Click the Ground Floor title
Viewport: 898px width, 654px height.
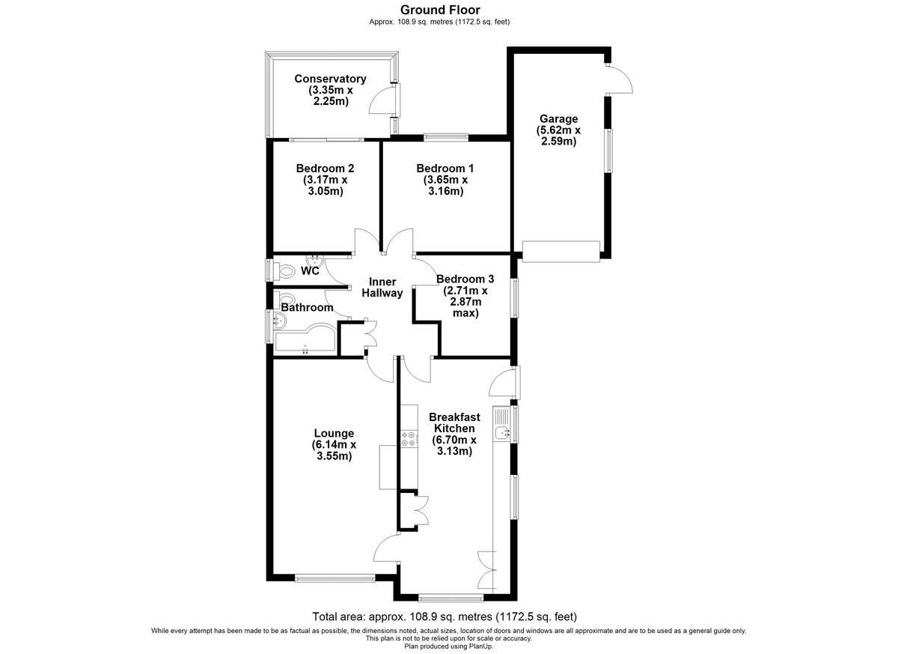tap(440, 10)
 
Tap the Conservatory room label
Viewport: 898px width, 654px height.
tap(330, 79)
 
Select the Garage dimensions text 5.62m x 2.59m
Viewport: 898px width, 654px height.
tap(558, 136)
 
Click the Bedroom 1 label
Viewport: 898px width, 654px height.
tap(445, 168)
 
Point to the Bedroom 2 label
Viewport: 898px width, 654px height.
tap(325, 168)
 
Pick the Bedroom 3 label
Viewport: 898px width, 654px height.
tap(465, 279)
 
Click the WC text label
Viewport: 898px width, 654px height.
tap(310, 271)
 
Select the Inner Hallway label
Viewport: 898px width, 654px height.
tap(382, 287)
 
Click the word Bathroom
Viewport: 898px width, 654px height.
tap(307, 307)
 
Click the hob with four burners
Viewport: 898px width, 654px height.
tap(409, 439)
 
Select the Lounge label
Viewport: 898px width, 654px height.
tap(334, 433)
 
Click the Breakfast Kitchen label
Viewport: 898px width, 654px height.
tap(454, 423)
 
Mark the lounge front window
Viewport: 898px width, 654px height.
tap(335, 578)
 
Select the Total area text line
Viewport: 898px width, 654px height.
tap(445, 617)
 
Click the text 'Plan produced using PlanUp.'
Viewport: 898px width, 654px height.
tap(448, 647)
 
